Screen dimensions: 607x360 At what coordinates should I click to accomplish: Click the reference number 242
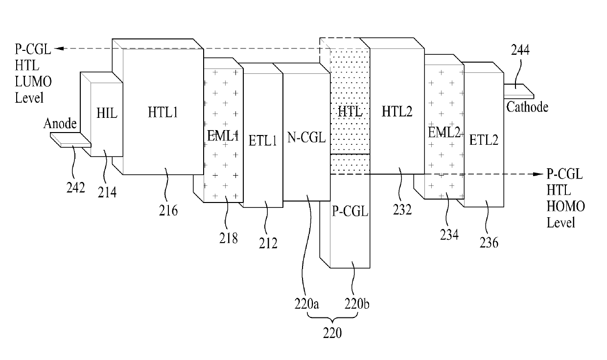75,187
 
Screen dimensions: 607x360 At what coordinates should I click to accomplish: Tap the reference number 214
107,192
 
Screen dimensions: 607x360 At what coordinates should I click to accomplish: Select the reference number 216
168,210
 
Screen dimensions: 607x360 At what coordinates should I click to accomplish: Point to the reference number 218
229,238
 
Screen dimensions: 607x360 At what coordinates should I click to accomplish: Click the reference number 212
268,243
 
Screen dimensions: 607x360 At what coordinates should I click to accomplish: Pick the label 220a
306,304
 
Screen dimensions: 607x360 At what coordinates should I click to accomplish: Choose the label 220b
357,304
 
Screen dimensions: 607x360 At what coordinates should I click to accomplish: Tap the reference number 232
402,210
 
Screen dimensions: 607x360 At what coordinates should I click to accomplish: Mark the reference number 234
449,235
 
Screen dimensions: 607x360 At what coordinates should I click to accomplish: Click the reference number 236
489,242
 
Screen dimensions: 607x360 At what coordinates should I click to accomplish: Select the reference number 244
520,50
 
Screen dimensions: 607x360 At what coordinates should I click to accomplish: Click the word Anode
60,123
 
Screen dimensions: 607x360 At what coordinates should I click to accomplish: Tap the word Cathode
527,107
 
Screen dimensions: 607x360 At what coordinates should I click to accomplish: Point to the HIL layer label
107,113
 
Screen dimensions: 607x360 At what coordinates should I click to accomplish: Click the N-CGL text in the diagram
306,137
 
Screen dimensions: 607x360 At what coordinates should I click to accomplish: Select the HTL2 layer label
397,112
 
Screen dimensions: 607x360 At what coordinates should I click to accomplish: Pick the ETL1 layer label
262,141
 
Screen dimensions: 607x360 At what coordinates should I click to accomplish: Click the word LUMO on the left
33,82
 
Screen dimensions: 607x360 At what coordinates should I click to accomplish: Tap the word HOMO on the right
566,206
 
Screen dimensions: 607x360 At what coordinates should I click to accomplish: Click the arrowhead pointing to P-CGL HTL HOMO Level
539,174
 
